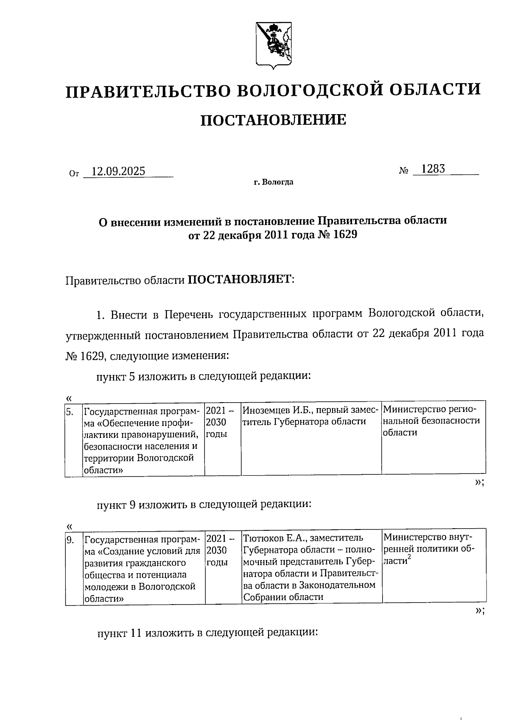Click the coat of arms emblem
click(274, 45)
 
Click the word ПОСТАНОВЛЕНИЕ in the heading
click(273, 120)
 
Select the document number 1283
click(433, 169)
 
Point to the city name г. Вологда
click(274, 183)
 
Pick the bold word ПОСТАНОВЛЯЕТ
click(240, 280)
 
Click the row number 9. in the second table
click(70, 540)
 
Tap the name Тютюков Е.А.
click(275, 538)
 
